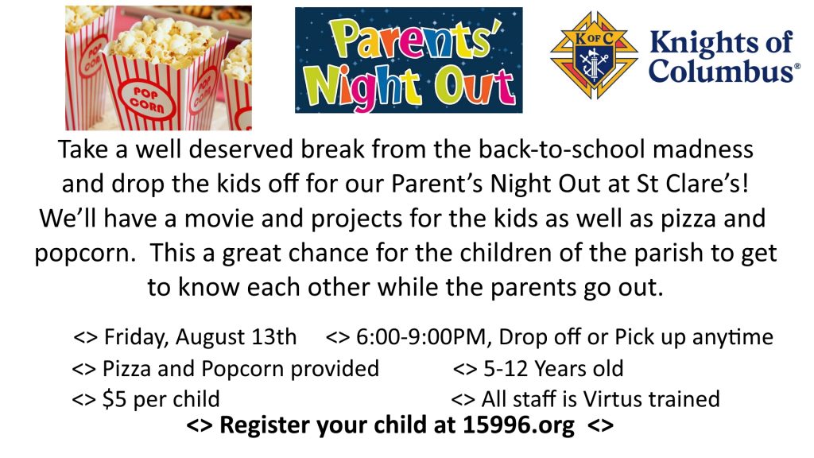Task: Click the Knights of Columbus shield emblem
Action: point(594,55)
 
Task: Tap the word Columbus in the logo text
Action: point(720,70)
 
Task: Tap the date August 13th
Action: point(235,336)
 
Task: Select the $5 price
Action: point(114,399)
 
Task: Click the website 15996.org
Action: point(518,425)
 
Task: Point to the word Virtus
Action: point(612,399)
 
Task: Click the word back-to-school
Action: point(561,149)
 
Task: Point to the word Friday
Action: point(137,336)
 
